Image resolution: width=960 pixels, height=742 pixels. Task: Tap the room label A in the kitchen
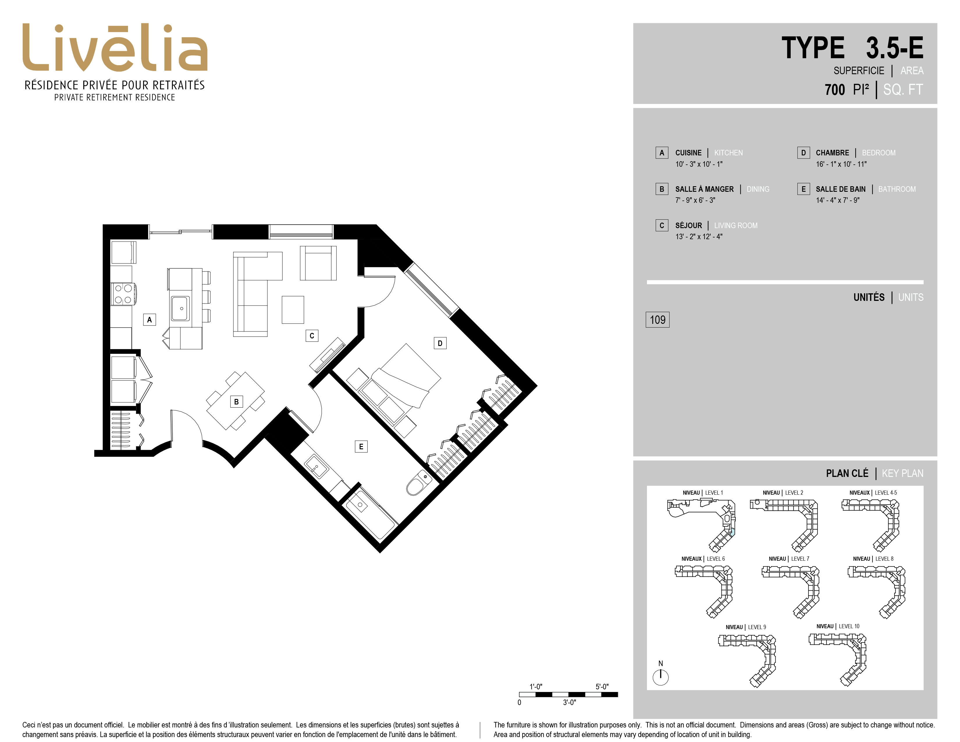click(150, 319)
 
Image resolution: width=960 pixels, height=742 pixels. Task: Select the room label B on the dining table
click(237, 401)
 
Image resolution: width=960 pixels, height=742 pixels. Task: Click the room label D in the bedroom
click(440, 343)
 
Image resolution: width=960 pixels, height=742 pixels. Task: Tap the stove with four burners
click(123, 294)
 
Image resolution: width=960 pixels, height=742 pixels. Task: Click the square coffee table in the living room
click(293, 310)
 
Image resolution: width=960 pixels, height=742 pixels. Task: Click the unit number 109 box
click(657, 319)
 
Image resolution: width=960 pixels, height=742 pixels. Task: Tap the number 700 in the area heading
click(835, 90)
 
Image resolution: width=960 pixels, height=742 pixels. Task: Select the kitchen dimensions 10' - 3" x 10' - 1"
click(699, 164)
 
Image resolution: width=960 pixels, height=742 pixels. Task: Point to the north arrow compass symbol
click(660, 677)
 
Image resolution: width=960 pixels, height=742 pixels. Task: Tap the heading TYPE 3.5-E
click(852, 48)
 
